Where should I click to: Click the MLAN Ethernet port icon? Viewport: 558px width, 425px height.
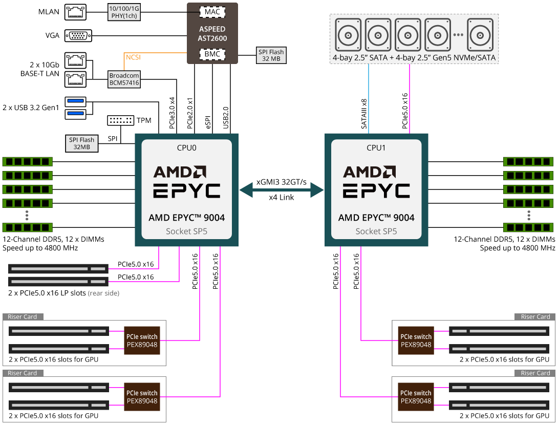76,12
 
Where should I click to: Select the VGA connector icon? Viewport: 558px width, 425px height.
78,35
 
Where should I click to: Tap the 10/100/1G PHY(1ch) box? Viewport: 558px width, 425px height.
124,12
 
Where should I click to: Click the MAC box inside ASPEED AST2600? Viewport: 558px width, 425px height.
212,11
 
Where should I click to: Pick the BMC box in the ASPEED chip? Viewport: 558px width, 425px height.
212,53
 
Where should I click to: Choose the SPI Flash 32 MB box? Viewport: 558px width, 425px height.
271,55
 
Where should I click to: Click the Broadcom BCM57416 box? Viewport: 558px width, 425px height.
124,79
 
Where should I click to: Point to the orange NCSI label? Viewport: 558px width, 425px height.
133,57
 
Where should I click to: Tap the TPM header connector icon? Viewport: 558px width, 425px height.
120,120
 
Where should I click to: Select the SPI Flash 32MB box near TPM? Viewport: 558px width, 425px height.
82,143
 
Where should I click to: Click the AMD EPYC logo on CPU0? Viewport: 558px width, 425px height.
187,182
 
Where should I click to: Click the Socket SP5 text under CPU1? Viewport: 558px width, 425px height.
376,231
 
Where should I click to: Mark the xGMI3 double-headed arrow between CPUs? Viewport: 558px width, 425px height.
282,190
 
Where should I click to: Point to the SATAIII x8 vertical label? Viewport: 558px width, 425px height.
364,114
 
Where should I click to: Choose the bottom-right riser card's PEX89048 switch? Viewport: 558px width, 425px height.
416,397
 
